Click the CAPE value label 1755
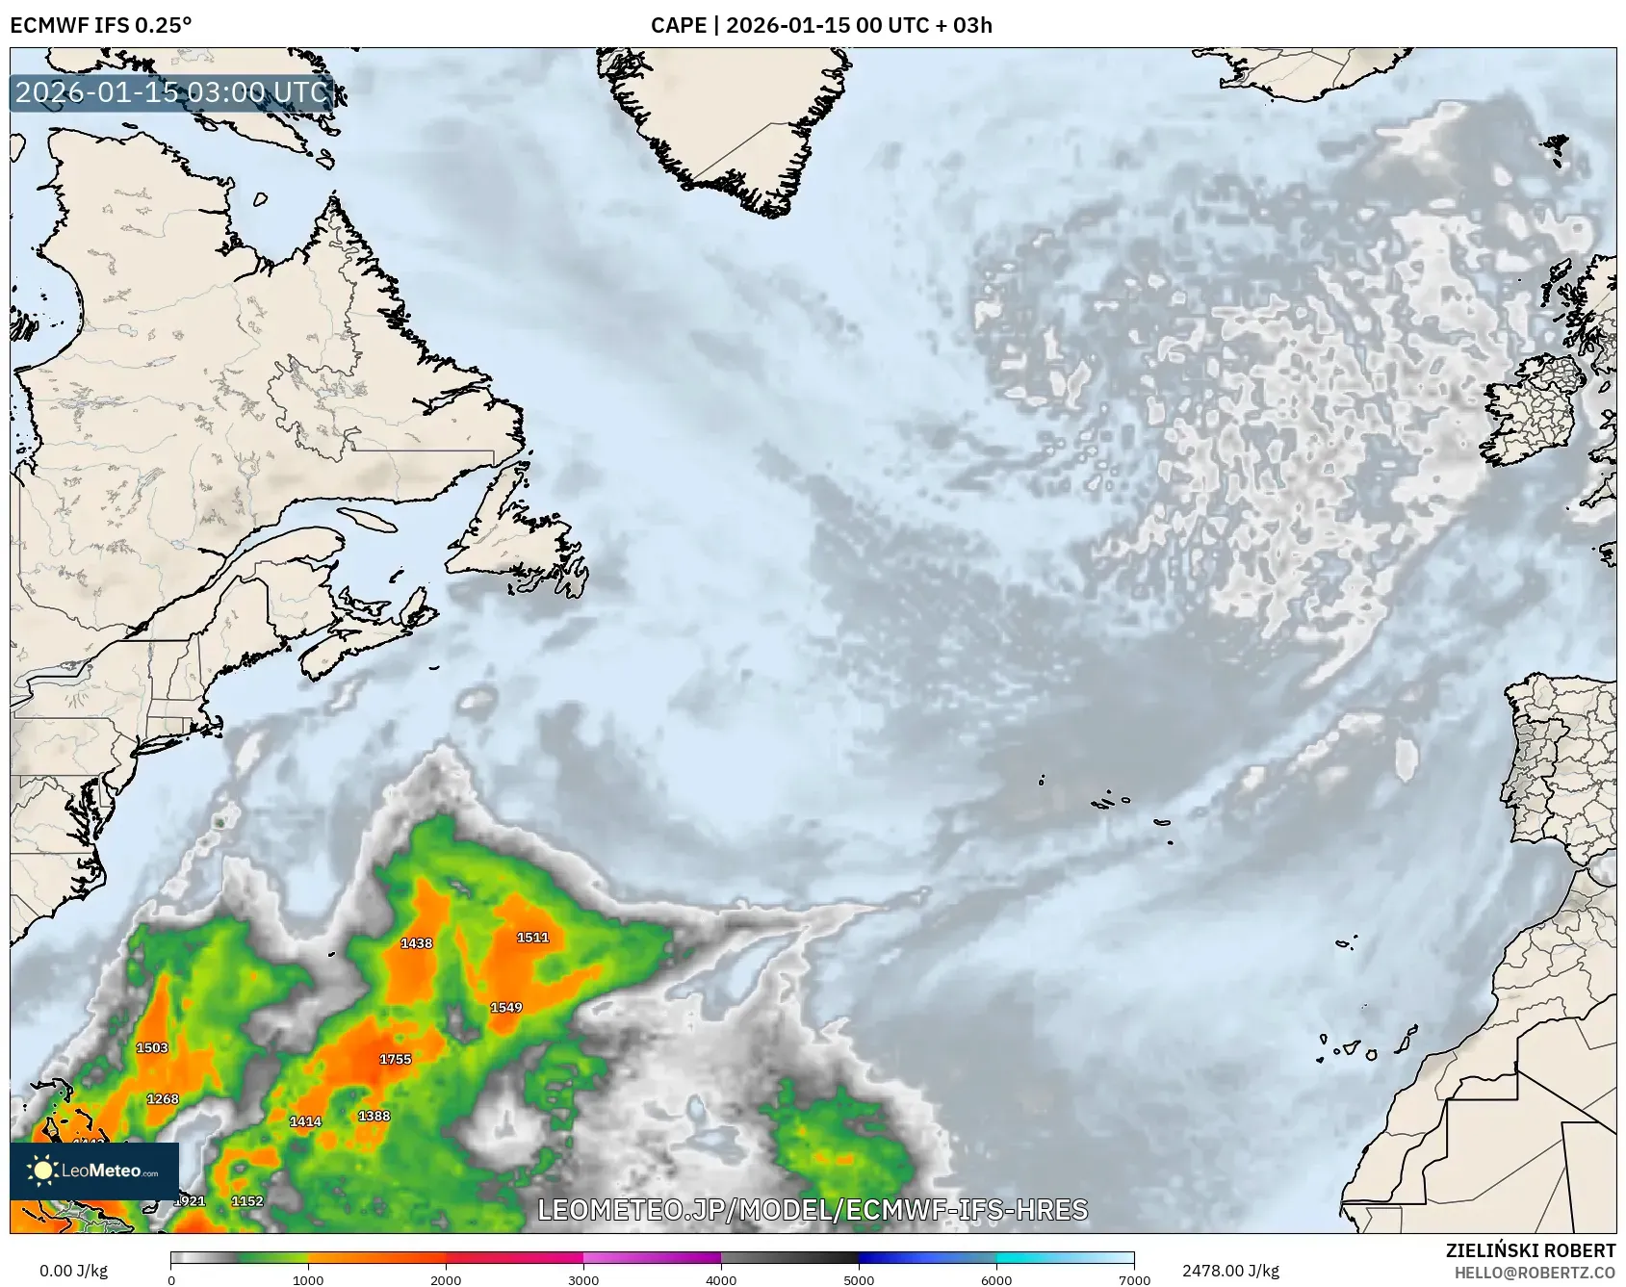[x=395, y=1059]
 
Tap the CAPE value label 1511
[x=532, y=938]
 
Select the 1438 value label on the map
[x=416, y=943]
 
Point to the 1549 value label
[x=506, y=1008]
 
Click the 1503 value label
[x=152, y=1047]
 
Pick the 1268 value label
[x=163, y=1099]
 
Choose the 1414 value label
[x=305, y=1121]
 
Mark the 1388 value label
[x=374, y=1116]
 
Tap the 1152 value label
[x=247, y=1201]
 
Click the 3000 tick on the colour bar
[x=583, y=1279]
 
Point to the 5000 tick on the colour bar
[x=859, y=1279]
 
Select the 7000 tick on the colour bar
[x=1134, y=1279]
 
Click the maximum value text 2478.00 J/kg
[x=1230, y=1271]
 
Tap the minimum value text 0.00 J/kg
[x=73, y=1271]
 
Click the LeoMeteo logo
[x=94, y=1171]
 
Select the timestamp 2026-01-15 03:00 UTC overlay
[x=171, y=92]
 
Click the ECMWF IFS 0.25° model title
[x=101, y=25]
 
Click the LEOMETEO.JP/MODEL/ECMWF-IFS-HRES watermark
[x=813, y=1210]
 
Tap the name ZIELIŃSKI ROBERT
[x=1531, y=1250]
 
